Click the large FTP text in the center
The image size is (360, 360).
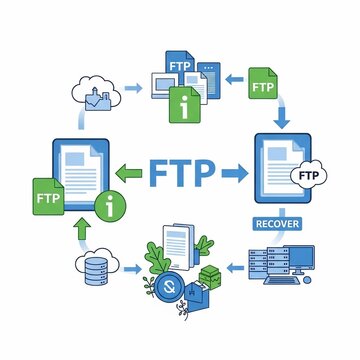pyautogui.click(x=182, y=173)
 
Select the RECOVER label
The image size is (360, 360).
pyautogui.click(x=277, y=223)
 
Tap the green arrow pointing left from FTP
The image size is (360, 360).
pyautogui.click(x=129, y=173)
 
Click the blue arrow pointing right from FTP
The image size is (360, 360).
pyautogui.click(x=235, y=173)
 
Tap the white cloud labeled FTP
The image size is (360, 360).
pyautogui.click(x=309, y=175)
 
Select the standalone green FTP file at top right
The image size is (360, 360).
pyautogui.click(x=263, y=83)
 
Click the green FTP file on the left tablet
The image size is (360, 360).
pyautogui.click(x=48, y=197)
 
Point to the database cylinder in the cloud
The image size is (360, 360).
pyautogui.click(x=96, y=271)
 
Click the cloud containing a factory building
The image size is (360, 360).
pyautogui.click(x=96, y=93)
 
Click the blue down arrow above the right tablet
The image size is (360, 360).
pyautogui.click(x=282, y=118)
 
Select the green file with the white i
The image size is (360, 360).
pyautogui.click(x=185, y=105)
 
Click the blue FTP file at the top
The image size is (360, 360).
pyautogui.click(x=180, y=67)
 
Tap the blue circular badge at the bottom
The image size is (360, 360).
pyautogui.click(x=169, y=286)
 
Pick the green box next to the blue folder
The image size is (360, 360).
pyautogui.click(x=210, y=277)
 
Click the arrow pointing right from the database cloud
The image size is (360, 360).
pyautogui.click(x=133, y=269)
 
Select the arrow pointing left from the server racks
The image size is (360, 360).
pyautogui.click(x=235, y=267)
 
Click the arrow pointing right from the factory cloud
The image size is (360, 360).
pyautogui.click(x=134, y=88)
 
